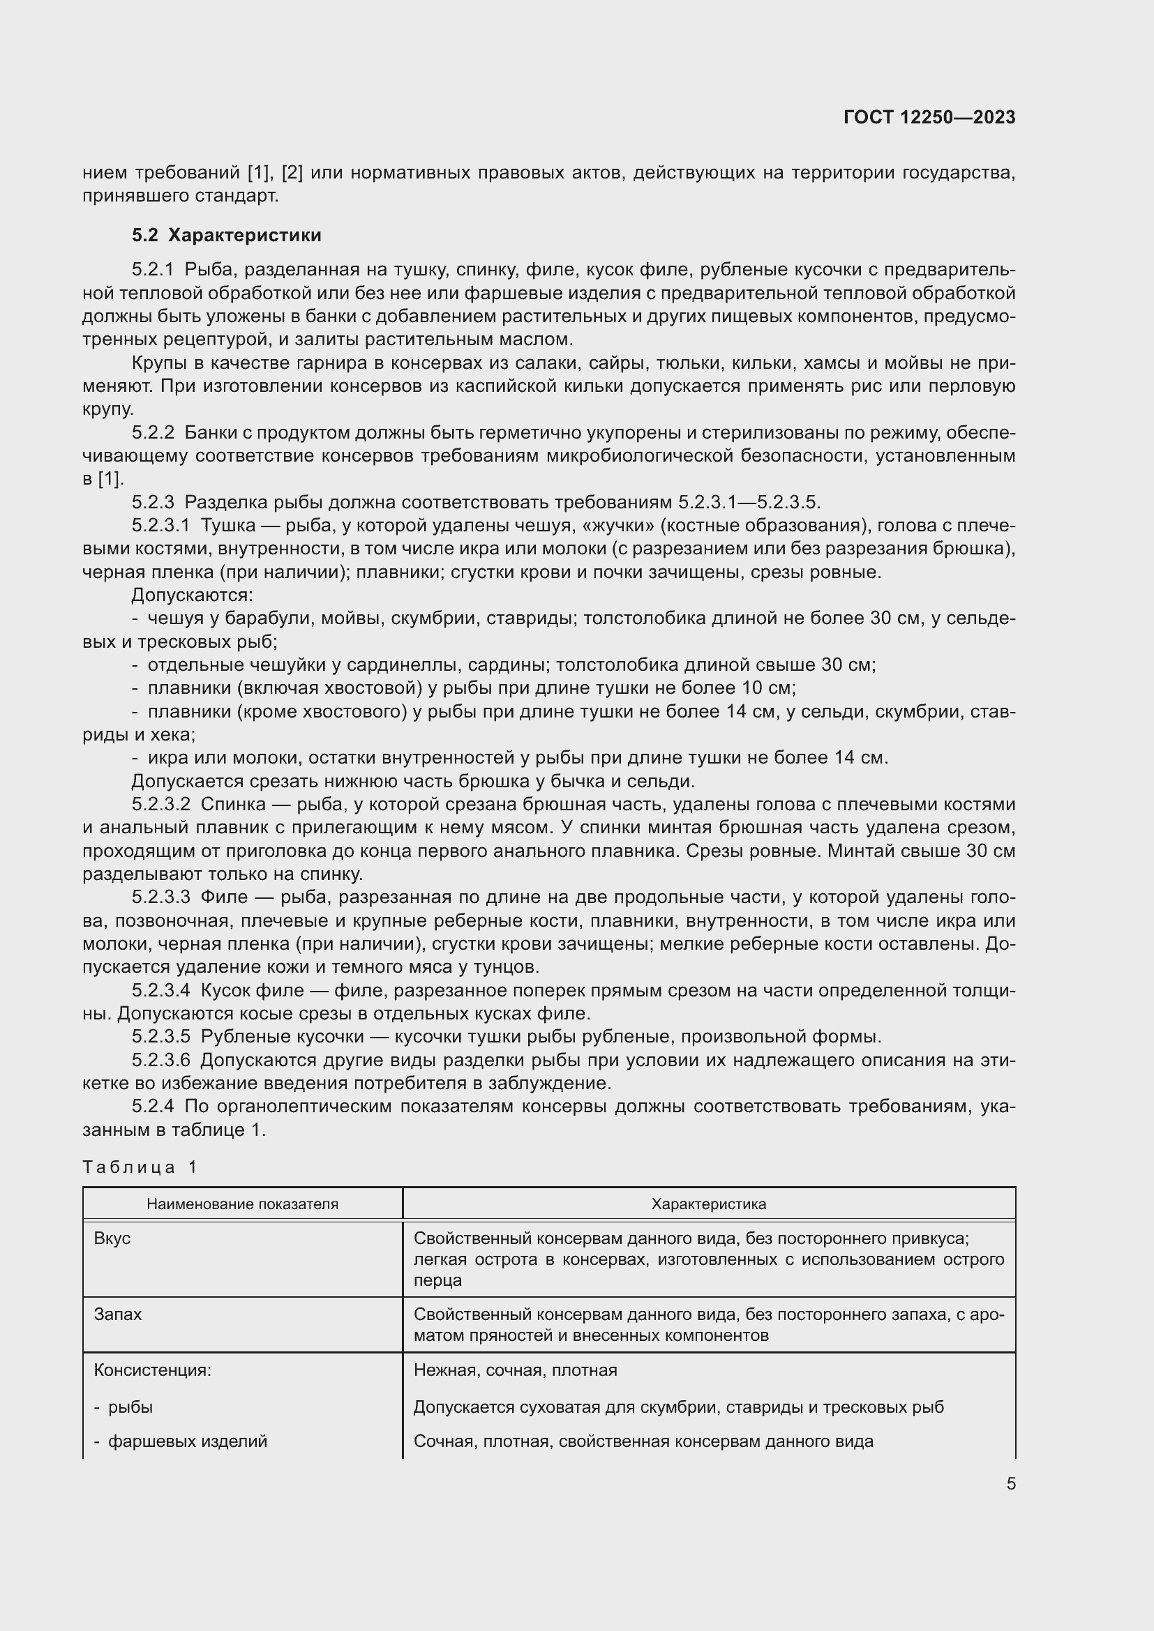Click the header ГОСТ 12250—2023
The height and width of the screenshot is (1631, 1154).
click(x=929, y=117)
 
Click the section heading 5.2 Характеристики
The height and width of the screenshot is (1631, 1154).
click(x=226, y=235)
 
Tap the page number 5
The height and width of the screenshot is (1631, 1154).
click(x=1010, y=1483)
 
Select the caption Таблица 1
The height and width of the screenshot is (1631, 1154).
click(x=140, y=1167)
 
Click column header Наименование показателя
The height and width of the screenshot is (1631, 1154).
click(x=242, y=1204)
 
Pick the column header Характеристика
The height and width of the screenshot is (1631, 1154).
click(x=708, y=1204)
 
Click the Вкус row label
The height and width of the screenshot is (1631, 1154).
click(x=112, y=1238)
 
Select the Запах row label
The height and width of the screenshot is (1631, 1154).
click(x=118, y=1314)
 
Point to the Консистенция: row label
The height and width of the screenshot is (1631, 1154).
click(x=153, y=1370)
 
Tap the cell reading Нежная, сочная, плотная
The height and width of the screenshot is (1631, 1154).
click(x=515, y=1370)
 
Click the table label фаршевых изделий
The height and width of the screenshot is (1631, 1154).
click(x=188, y=1441)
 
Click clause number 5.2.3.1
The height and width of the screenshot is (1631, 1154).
click(x=160, y=526)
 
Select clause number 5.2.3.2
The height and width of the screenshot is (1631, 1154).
click(x=160, y=805)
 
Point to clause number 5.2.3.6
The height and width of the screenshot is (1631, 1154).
click(x=160, y=1061)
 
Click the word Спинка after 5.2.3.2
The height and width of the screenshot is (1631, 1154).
click(x=232, y=805)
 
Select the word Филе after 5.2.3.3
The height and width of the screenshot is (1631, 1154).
click(x=224, y=897)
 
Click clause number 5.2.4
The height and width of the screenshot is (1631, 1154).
click(x=153, y=1107)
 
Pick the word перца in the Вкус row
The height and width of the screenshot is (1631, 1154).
click(x=437, y=1281)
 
